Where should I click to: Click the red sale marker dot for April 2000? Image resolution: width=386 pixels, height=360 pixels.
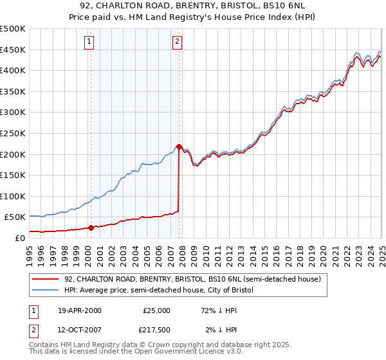coord(91,227)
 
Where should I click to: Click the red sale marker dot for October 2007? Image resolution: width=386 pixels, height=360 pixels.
coord(179,147)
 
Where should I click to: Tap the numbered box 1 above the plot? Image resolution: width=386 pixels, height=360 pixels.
coord(88,42)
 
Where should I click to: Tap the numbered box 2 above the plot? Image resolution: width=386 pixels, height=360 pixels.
coord(176,42)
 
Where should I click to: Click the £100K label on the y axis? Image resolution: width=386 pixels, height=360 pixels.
coord(13,196)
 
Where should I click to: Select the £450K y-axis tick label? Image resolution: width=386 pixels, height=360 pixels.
coord(13,50)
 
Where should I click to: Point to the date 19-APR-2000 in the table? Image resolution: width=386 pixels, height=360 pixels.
coord(80,310)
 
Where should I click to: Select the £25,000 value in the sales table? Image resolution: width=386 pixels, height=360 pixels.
coord(156,310)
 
